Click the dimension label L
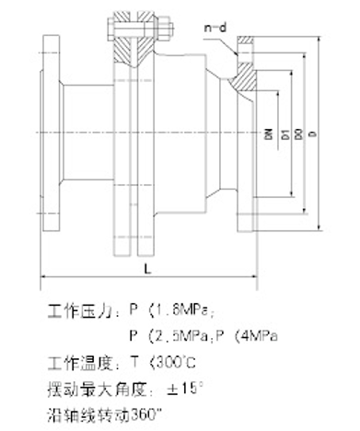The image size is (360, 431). pyautogui.click(x=148, y=267)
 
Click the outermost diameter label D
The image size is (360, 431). pyautogui.click(x=314, y=134)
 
